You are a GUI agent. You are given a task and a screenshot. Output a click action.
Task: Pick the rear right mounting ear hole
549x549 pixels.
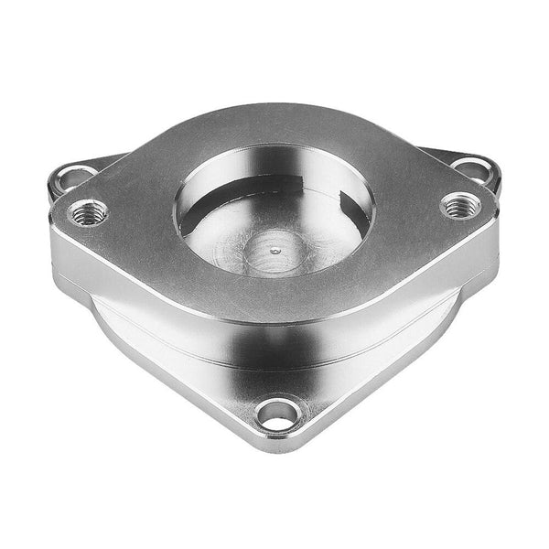[473, 170]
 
